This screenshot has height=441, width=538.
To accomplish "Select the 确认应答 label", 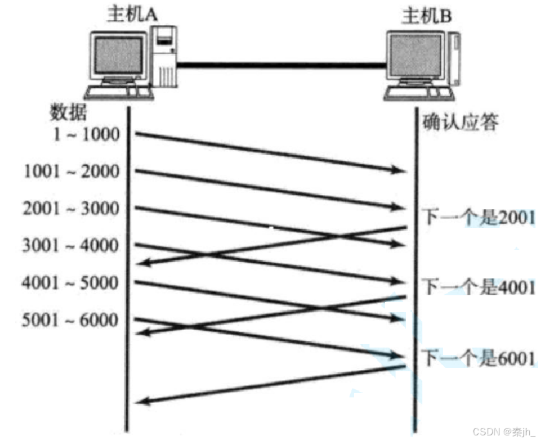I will pyautogui.click(x=461, y=121).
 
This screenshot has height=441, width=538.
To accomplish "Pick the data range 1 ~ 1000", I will pyautogui.click(x=86, y=134).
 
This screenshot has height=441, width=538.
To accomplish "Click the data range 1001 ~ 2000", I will pyautogui.click(x=71, y=171).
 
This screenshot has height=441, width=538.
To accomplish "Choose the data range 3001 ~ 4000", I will pyautogui.click(x=71, y=245).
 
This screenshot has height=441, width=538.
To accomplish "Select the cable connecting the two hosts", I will pyautogui.click(x=280, y=64).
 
